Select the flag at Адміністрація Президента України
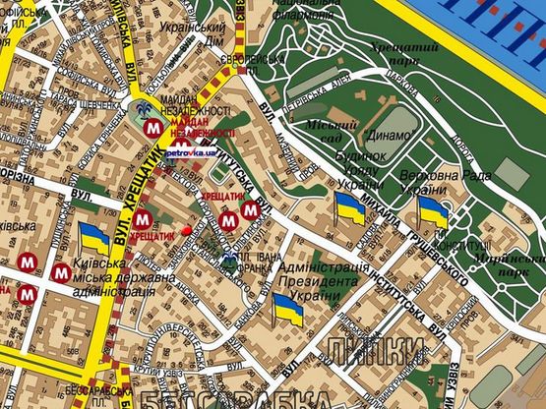point(288,310)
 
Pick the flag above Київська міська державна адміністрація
point(94,239)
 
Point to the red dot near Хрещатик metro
point(187,230)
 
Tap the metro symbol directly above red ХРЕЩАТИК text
point(143,219)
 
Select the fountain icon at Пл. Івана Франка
point(229,260)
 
